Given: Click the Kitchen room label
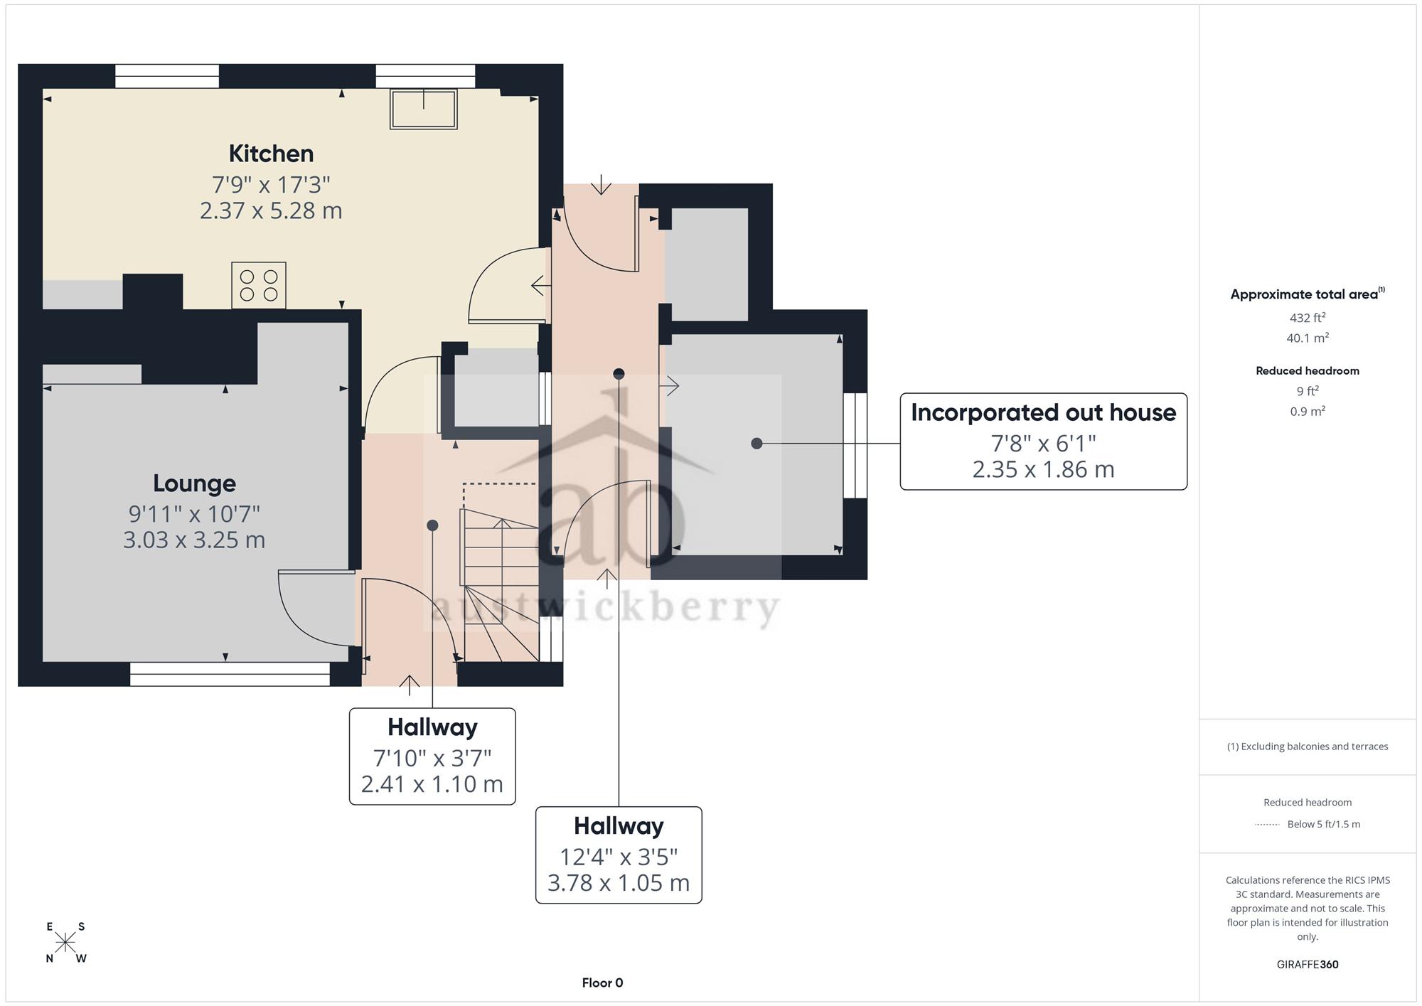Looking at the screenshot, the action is pyautogui.click(x=271, y=154).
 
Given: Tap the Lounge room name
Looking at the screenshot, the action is pyautogui.click(x=194, y=483).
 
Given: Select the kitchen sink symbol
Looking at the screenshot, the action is pyautogui.click(x=424, y=109).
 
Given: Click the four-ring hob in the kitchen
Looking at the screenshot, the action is pyautogui.click(x=259, y=285).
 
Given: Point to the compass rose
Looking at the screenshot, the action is pyautogui.click(x=65, y=943).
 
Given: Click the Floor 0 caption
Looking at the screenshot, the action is pyautogui.click(x=602, y=983).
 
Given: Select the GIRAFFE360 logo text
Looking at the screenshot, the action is pyautogui.click(x=1308, y=965).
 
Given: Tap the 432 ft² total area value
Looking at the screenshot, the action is pyautogui.click(x=1308, y=318).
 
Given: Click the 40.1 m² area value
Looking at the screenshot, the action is pyautogui.click(x=1308, y=338).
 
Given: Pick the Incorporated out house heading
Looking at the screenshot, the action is pyautogui.click(x=1043, y=413).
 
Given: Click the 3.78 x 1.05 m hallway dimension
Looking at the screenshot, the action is pyautogui.click(x=619, y=883).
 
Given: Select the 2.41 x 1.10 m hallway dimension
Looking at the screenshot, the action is pyautogui.click(x=432, y=784).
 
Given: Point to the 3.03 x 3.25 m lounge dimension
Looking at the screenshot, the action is pyautogui.click(x=194, y=540).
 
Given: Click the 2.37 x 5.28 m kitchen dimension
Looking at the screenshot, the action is pyautogui.click(x=271, y=211).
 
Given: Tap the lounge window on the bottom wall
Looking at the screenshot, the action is pyautogui.click(x=230, y=674).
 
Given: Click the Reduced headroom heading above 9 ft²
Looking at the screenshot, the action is pyautogui.click(x=1308, y=371).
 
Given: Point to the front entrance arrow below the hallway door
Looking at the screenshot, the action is pyautogui.click(x=409, y=684).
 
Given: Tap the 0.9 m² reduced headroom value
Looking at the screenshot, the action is pyautogui.click(x=1308, y=412).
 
